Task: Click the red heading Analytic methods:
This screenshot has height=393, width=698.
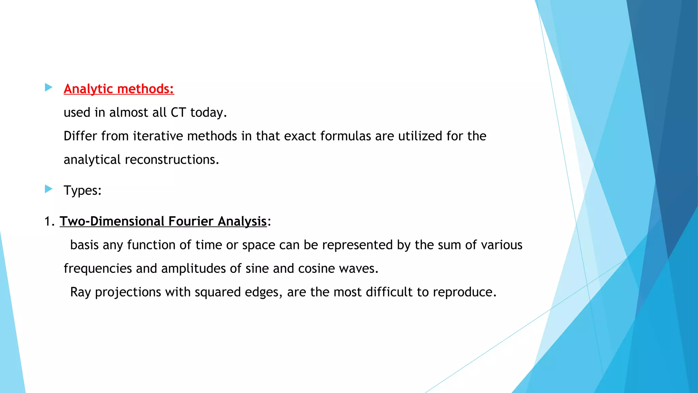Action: (119, 89)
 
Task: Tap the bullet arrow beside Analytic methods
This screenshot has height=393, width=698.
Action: (49, 88)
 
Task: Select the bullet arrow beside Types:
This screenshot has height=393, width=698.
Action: (49, 189)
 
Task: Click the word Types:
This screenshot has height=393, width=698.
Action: (83, 190)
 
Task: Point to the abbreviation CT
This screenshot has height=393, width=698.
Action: (178, 113)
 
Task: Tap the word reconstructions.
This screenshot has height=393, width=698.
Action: (172, 160)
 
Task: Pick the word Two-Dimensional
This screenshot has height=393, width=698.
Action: (112, 221)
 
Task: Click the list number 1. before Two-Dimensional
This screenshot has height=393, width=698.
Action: (49, 221)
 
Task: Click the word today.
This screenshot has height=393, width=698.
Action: (208, 113)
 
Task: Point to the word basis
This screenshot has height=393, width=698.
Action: (84, 245)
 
